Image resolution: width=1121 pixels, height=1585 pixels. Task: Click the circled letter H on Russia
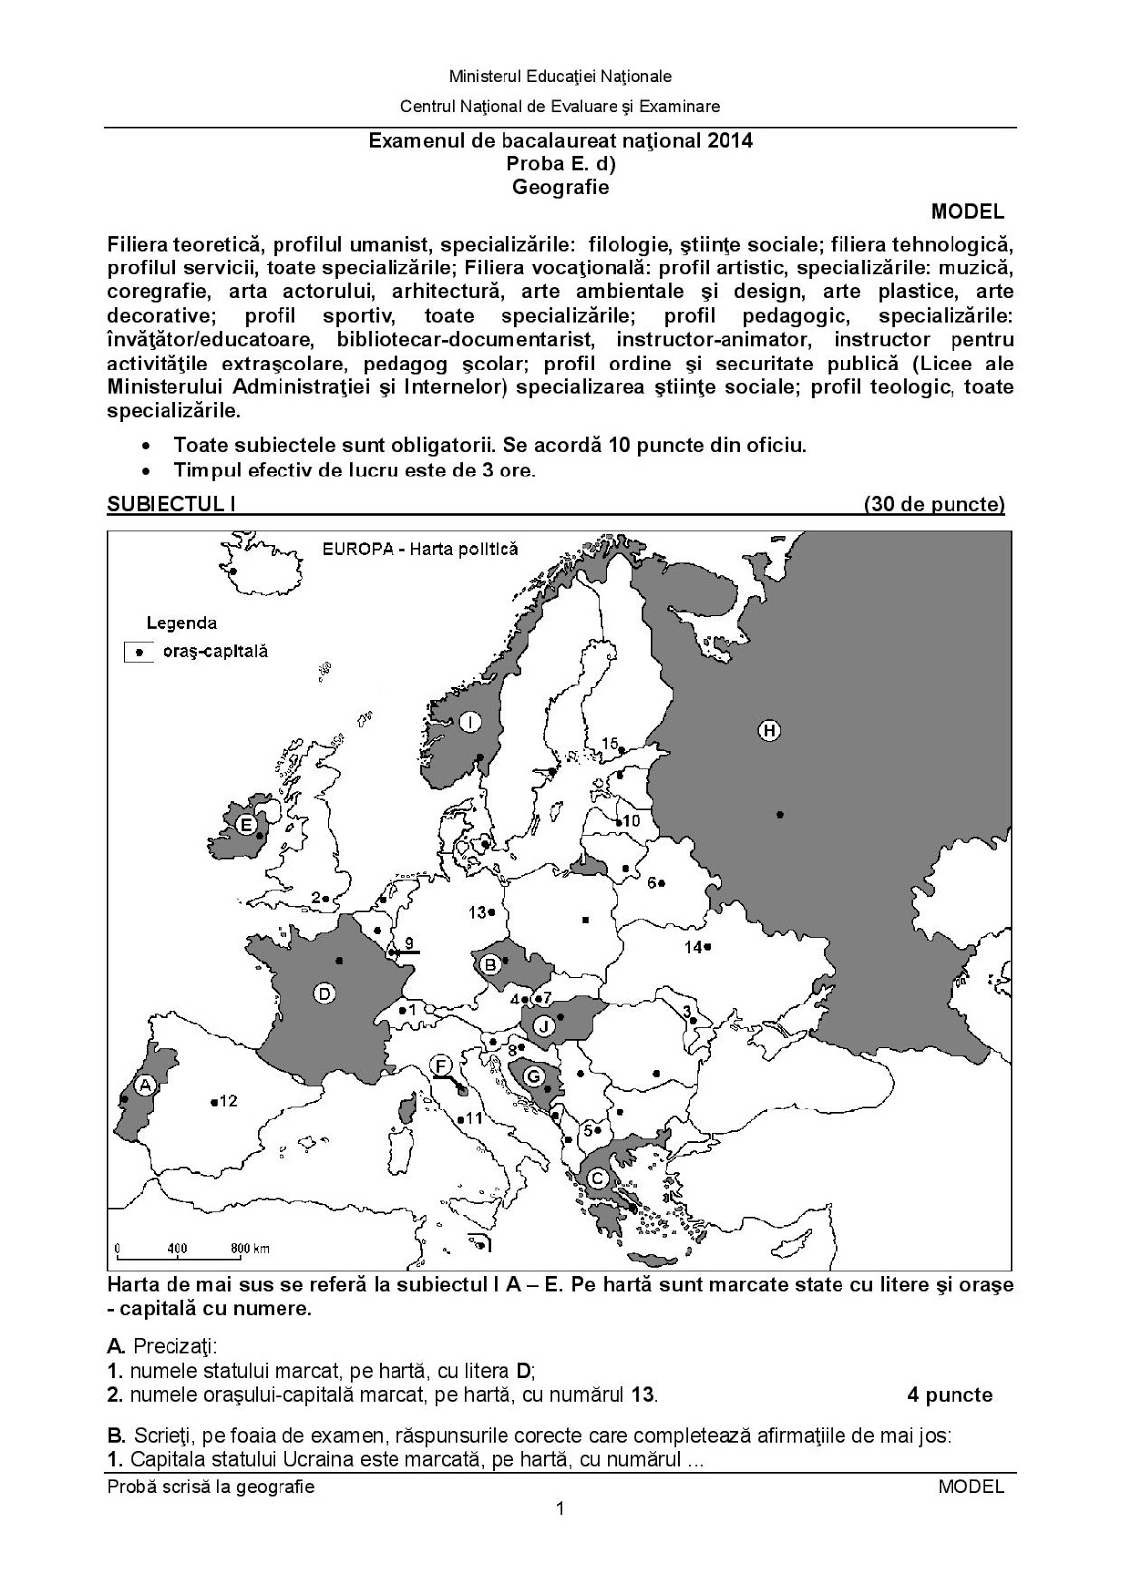coord(769,731)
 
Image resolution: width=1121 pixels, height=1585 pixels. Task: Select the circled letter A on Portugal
coord(146,1086)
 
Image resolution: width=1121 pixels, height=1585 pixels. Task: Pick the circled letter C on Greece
coord(598,1178)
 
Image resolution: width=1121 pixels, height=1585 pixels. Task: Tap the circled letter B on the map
coord(489,963)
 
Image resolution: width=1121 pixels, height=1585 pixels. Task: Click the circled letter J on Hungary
coord(544,1026)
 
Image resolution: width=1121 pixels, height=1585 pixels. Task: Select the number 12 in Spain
coord(228,1101)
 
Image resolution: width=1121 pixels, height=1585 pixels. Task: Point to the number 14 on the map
coord(693,947)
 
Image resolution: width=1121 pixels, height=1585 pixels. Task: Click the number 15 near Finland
coord(610,743)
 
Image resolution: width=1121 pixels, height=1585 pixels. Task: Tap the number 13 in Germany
coord(477,912)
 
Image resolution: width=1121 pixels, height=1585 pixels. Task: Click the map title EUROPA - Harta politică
coord(419,549)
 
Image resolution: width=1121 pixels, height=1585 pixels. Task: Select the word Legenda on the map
coord(181,623)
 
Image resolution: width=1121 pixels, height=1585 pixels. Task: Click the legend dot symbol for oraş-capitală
coord(139,652)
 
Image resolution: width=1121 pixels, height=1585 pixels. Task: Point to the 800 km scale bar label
coord(250,1248)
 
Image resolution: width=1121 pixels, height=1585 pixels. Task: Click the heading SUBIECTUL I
coord(170,504)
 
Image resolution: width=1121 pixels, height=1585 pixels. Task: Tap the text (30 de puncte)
coord(934,504)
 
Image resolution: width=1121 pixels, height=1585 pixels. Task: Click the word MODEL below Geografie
coord(967,211)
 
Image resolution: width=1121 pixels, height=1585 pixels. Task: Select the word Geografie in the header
coord(560,186)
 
